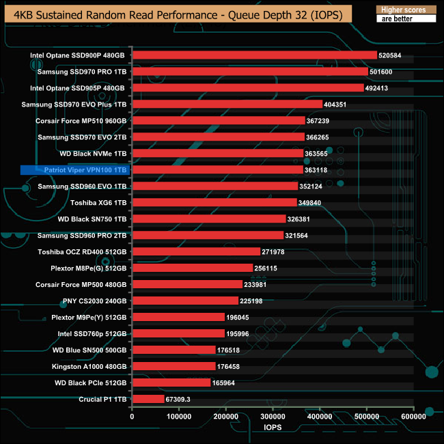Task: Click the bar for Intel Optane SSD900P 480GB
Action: (x=254, y=55)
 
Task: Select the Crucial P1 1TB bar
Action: (x=148, y=399)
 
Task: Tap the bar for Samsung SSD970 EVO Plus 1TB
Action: (x=227, y=105)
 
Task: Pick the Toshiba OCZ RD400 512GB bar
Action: (x=196, y=251)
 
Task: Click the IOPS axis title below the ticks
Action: (x=273, y=428)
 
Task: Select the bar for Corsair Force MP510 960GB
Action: (x=219, y=121)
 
